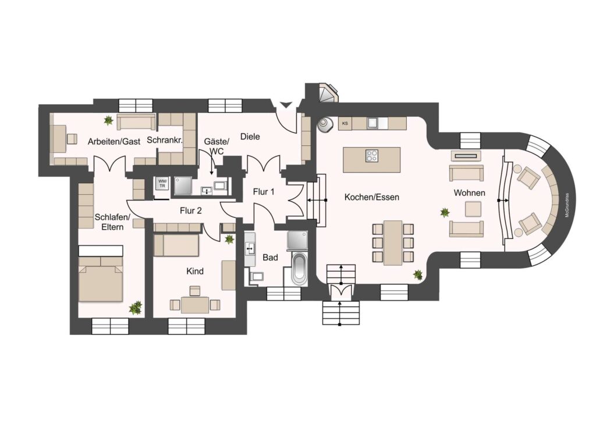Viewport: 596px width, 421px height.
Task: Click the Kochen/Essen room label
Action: [372, 197]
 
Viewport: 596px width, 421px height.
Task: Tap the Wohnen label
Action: [470, 193]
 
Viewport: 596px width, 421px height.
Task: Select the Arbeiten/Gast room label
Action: [114, 142]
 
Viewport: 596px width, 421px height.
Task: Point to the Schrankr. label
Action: [165, 140]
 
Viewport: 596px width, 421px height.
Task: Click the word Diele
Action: [250, 137]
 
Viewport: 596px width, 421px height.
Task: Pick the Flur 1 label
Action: [264, 192]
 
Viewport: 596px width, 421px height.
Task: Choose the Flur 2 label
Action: [191, 211]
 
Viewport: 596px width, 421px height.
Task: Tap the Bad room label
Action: [270, 258]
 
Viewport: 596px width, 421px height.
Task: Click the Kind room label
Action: [195, 272]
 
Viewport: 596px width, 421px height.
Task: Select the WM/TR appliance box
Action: [162, 183]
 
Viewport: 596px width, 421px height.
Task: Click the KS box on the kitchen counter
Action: [345, 123]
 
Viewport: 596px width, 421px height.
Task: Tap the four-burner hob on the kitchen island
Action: [372, 156]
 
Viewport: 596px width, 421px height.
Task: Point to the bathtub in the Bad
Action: [299, 269]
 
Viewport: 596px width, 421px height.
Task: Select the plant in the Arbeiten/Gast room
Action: [109, 120]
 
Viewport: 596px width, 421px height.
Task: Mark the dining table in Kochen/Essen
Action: [393, 243]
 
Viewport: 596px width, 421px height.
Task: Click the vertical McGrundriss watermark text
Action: [566, 205]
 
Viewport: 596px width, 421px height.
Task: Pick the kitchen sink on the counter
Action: [372, 123]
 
